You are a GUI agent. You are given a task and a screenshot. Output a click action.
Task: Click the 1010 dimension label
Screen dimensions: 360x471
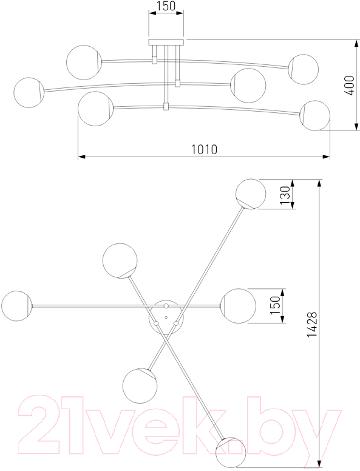tap(205, 149)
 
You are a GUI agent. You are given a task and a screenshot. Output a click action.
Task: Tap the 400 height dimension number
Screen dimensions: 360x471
tap(349, 86)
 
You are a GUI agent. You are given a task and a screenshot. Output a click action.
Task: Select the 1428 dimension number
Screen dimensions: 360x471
tap(312, 324)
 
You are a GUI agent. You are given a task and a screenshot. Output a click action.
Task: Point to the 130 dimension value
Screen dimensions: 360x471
tap(285, 195)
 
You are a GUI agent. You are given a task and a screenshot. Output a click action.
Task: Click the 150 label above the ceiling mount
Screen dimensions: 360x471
tap(166, 6)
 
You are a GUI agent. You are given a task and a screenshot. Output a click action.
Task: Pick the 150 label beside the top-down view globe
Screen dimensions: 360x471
tap(275, 305)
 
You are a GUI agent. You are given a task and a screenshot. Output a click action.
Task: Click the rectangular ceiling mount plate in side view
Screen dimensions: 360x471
tap(166, 42)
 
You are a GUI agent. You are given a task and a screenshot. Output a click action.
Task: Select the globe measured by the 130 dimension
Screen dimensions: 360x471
tap(251, 194)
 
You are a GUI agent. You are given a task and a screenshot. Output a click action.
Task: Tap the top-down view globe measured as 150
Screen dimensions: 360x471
tap(239, 306)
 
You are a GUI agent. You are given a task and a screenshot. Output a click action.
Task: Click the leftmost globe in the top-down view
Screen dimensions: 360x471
tap(17, 306)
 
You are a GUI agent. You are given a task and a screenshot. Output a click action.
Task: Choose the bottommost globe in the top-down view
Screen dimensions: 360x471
tap(231, 452)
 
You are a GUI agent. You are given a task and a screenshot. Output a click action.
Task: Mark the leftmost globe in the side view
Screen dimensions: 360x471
tap(29, 92)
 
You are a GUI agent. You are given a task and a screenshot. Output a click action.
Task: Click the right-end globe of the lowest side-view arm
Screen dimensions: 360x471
tap(315, 116)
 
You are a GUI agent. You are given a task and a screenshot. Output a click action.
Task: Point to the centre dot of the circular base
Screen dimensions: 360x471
tap(166, 317)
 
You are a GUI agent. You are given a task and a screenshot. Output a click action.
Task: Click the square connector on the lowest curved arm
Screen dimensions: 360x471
tap(166, 106)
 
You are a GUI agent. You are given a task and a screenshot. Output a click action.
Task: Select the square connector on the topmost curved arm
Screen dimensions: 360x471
tap(155, 60)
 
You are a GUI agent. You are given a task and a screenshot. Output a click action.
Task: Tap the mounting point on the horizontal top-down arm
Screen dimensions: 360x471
tap(166, 306)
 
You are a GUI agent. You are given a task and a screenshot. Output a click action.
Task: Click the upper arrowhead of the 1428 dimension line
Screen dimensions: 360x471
tap(319, 183)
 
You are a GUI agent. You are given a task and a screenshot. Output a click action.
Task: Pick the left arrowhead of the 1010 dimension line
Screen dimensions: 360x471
tap(82, 157)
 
